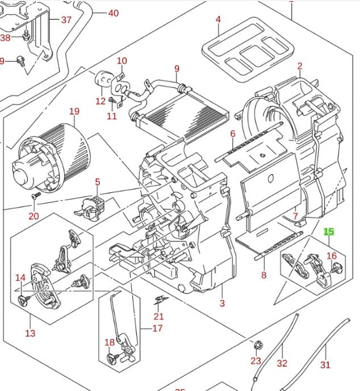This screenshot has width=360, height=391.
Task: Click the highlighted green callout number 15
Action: [x=329, y=232]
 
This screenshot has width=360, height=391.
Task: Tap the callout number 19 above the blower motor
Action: [x=75, y=111]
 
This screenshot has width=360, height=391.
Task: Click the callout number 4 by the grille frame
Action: [x=218, y=20]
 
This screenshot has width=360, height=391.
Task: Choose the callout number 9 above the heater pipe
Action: [x=177, y=69]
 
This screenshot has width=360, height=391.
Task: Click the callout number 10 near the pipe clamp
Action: [x=122, y=61]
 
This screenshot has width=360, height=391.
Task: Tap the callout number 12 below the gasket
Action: [x=101, y=101]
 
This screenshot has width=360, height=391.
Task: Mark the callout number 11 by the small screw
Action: [x=111, y=116]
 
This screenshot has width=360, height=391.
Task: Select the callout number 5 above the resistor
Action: [x=98, y=182]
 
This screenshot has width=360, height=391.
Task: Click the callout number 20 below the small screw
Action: [x=34, y=216]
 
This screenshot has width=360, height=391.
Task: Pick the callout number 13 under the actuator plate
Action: [x=30, y=333]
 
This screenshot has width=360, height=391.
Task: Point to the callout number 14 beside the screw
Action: [x=20, y=278]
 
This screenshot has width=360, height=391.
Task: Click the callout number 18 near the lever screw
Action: [x=110, y=342]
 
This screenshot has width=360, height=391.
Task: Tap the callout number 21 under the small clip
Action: [x=158, y=316]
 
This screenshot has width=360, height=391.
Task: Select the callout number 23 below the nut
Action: [x=256, y=361]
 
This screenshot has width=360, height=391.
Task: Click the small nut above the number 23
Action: [x=257, y=344]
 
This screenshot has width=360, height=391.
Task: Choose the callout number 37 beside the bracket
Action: [x=66, y=20]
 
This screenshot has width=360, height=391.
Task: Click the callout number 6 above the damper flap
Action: [x=233, y=134]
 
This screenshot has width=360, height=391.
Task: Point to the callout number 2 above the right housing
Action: [x=299, y=66]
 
